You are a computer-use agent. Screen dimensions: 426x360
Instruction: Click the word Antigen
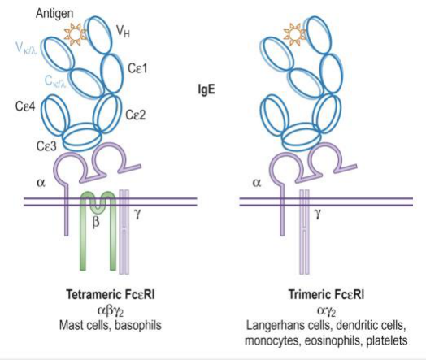(x=54, y=14)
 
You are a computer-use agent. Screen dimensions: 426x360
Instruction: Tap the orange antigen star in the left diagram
(x=75, y=34)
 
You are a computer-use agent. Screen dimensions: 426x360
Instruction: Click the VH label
(x=123, y=32)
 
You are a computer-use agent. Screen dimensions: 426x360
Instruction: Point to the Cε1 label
(x=137, y=68)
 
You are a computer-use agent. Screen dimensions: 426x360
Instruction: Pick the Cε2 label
(x=135, y=115)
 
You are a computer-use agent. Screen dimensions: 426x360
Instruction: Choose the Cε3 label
(x=46, y=146)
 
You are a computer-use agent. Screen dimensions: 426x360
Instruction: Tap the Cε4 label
(x=25, y=106)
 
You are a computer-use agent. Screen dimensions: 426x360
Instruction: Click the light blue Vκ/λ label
(x=26, y=49)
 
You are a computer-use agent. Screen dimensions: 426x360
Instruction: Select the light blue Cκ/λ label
(x=55, y=81)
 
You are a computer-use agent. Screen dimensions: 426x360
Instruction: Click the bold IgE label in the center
(x=206, y=89)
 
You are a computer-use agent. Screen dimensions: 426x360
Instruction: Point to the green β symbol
(x=96, y=223)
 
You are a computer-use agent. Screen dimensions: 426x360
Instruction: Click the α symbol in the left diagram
(x=41, y=183)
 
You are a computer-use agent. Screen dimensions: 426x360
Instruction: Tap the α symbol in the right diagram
(x=256, y=183)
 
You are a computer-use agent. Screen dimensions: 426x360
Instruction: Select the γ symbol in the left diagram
(x=137, y=214)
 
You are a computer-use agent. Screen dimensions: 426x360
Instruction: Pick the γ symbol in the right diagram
(x=317, y=214)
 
